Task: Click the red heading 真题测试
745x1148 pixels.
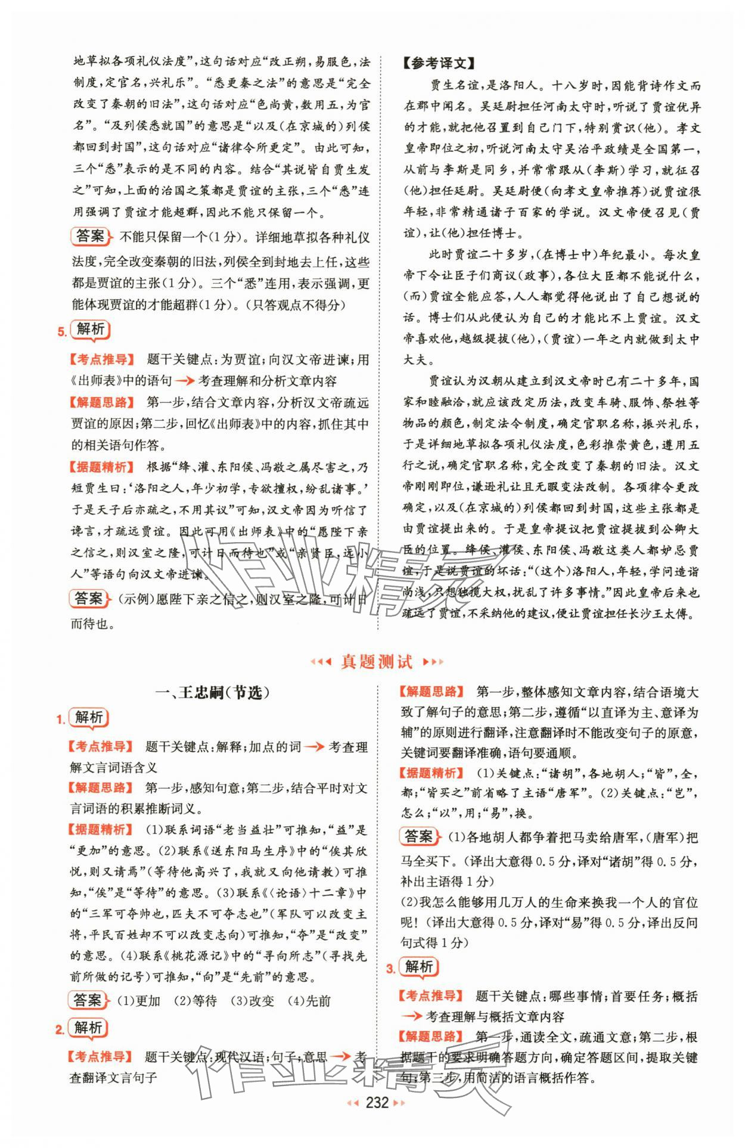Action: (x=376, y=661)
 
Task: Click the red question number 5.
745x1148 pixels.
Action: (x=61, y=332)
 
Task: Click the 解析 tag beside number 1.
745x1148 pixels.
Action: (x=89, y=718)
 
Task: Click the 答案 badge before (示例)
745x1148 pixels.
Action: (x=89, y=599)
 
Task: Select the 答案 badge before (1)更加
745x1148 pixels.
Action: (x=89, y=1000)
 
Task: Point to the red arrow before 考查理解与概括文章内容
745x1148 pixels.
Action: (x=411, y=1017)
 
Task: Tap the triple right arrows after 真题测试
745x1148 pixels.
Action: (x=433, y=662)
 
